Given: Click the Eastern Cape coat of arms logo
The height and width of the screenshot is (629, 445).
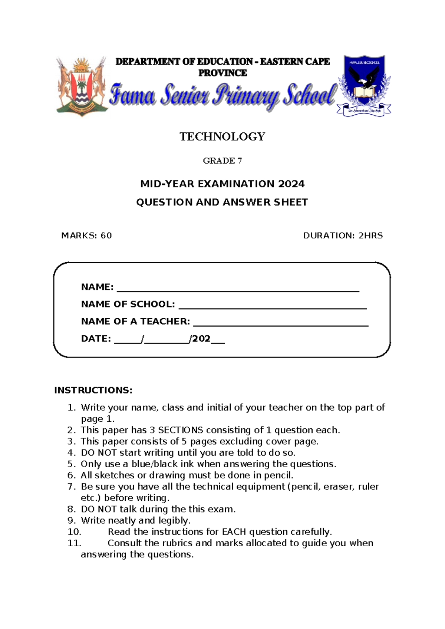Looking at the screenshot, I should (x=82, y=86).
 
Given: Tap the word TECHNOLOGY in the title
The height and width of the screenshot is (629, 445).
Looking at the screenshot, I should (x=222, y=136).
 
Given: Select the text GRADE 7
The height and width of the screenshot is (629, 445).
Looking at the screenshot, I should (x=222, y=161).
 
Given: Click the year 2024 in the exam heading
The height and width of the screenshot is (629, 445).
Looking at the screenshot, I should (x=291, y=184).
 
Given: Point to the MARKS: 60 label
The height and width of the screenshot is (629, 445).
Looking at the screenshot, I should (x=86, y=236).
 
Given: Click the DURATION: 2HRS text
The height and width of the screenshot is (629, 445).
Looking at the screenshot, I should (x=343, y=236).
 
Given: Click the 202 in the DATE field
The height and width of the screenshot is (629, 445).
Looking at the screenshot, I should (x=201, y=339).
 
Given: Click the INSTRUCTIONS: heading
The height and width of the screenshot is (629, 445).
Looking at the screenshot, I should (x=93, y=390).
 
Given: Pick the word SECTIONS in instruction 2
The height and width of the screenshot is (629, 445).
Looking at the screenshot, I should (x=180, y=430).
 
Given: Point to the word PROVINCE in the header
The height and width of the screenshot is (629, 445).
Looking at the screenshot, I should (x=222, y=73).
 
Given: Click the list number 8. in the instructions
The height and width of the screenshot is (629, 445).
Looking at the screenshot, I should (x=72, y=509).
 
